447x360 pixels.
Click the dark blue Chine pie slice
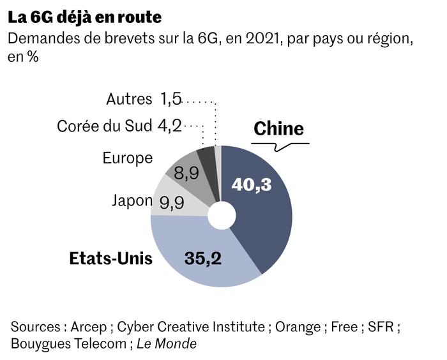[262, 217]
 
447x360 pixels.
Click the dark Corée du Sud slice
[206, 158]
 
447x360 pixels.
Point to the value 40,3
[252, 184]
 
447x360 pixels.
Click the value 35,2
[202, 258]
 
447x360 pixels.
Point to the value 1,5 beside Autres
[171, 99]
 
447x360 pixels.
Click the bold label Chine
[278, 128]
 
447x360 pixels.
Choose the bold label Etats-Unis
[110, 259]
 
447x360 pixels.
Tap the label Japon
[132, 200]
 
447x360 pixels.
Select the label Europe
[128, 158]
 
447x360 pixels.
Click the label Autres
[129, 99]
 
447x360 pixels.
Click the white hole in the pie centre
[222, 216]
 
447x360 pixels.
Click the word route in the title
[142, 16]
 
